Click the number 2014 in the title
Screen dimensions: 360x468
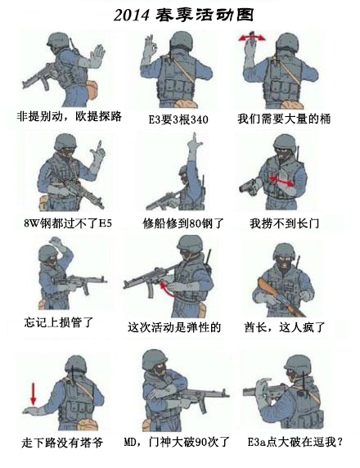(x=131, y=15)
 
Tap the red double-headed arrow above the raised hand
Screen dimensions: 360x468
(x=252, y=38)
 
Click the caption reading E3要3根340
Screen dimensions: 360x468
(x=178, y=119)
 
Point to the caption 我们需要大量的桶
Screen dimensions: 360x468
(x=284, y=119)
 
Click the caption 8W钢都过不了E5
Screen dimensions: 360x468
(x=68, y=223)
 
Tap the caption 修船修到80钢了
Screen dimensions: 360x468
(x=183, y=223)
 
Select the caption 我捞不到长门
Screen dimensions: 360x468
(x=285, y=223)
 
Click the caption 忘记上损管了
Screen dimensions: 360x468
(x=59, y=322)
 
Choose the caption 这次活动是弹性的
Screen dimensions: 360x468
(x=174, y=327)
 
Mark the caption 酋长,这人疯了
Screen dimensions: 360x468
(x=285, y=327)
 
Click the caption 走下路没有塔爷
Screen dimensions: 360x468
(x=62, y=443)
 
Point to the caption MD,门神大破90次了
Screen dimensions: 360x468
(x=177, y=442)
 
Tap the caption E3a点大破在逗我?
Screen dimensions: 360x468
(x=295, y=442)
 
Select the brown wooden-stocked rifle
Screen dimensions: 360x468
(x=281, y=298)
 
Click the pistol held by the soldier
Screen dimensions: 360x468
(x=249, y=187)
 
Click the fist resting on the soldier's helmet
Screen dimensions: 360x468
(x=56, y=242)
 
